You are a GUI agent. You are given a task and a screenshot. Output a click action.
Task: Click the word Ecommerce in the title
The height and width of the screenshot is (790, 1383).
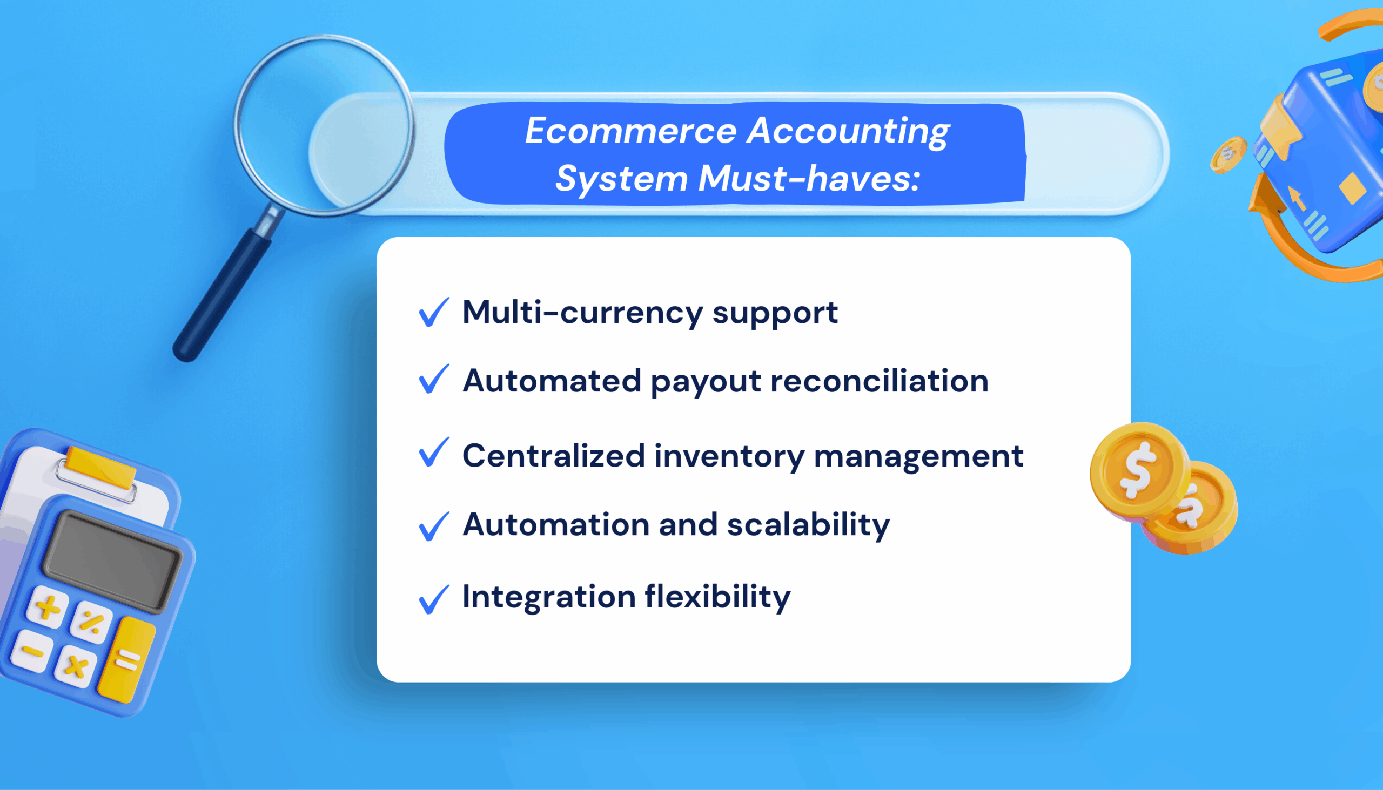click(x=630, y=131)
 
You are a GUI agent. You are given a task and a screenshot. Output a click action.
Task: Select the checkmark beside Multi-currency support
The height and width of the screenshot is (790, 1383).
click(x=433, y=313)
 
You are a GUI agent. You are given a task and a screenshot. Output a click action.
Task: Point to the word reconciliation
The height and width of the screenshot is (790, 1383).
click(x=880, y=381)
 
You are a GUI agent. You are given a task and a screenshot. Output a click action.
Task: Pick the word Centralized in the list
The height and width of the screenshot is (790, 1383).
click(x=553, y=456)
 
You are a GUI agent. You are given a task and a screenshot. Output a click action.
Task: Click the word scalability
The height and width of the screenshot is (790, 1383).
click(x=808, y=525)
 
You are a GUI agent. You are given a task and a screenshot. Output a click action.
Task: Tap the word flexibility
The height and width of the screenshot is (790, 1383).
click(x=717, y=597)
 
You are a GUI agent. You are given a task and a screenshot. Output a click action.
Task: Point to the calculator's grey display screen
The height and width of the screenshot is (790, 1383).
click(x=112, y=562)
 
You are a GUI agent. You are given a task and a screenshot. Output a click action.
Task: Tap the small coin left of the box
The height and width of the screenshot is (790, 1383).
click(x=1228, y=154)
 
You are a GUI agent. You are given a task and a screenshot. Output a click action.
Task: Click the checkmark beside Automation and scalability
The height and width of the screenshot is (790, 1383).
click(x=433, y=526)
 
